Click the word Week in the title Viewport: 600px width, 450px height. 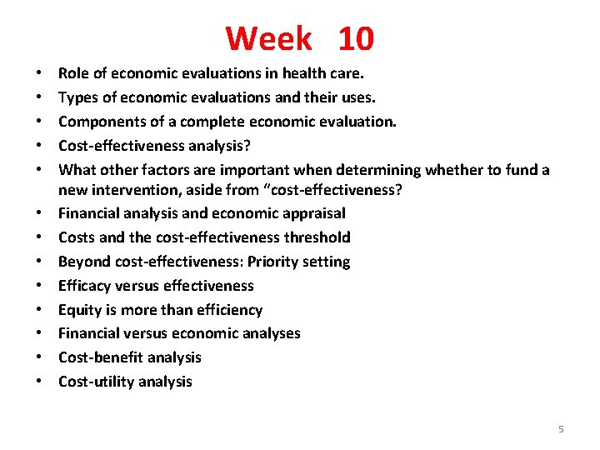point(268,38)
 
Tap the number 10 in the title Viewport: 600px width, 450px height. point(356,38)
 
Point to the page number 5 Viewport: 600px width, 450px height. point(561,429)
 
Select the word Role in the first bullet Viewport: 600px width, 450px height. point(74,73)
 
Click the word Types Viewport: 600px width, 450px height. point(78,97)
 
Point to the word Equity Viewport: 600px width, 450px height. point(79,310)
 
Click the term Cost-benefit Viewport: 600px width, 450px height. point(101,357)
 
